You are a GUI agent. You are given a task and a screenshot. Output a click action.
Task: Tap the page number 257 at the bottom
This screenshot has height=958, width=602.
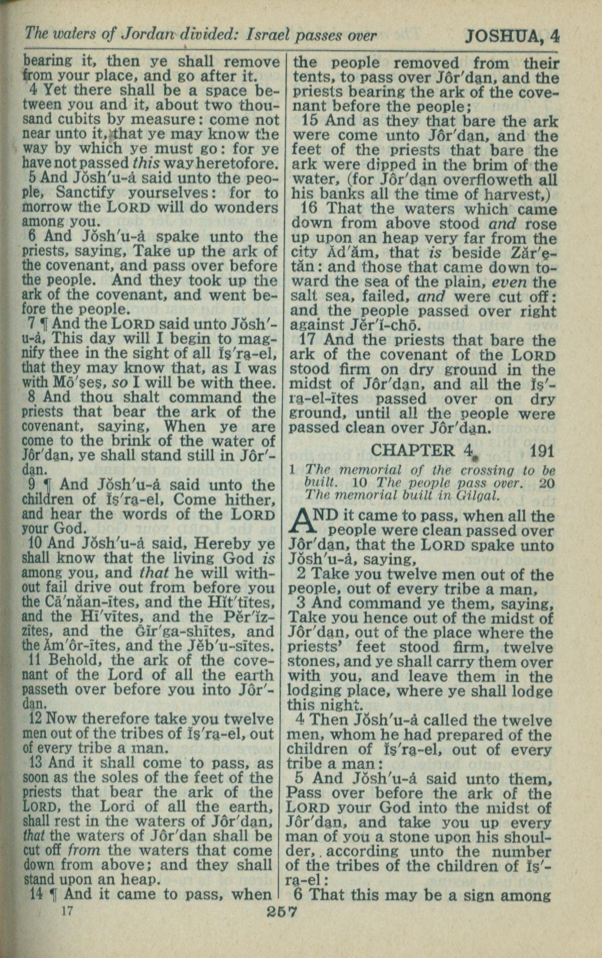click(281, 913)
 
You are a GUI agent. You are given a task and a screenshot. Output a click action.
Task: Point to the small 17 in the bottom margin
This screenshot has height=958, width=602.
click(66, 911)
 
